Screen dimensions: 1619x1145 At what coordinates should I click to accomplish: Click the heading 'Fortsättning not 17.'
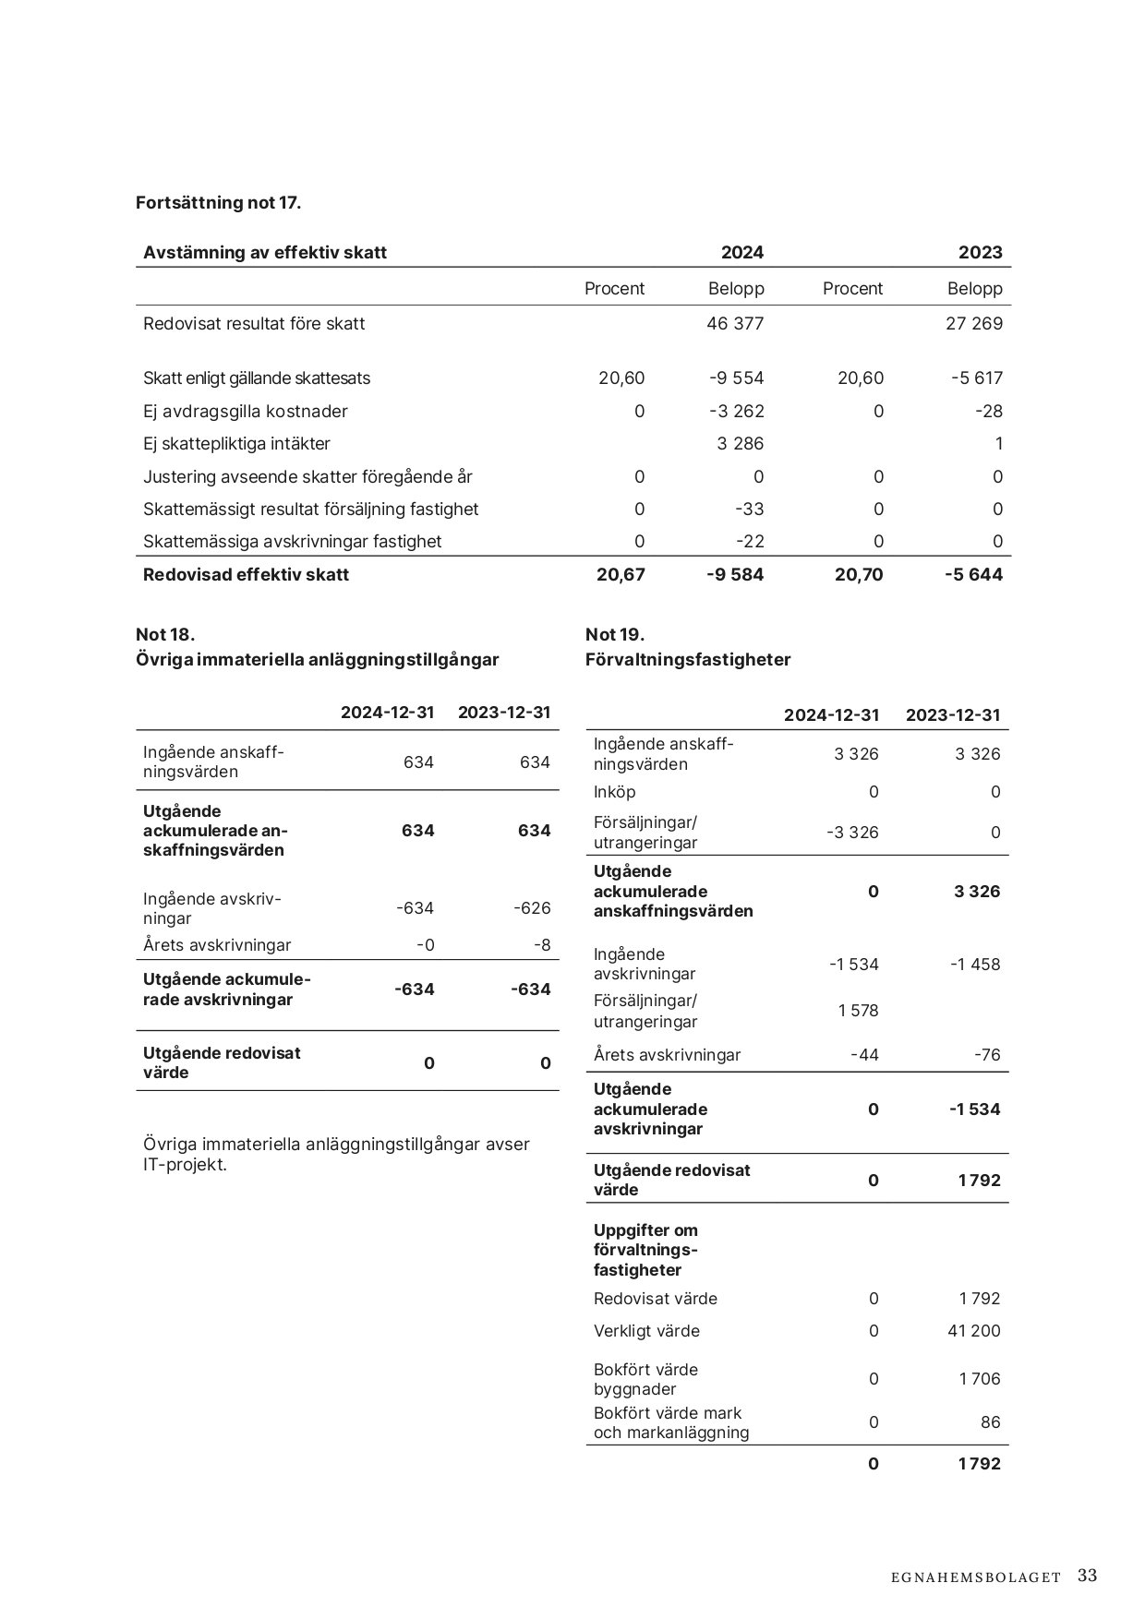(x=218, y=202)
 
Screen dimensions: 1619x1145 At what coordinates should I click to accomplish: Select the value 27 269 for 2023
(x=974, y=323)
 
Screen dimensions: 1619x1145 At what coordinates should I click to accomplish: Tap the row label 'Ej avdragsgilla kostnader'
(x=246, y=411)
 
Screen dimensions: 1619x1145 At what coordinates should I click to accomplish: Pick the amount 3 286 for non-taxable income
(x=741, y=443)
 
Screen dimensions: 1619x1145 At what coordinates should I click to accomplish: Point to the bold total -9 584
(x=735, y=574)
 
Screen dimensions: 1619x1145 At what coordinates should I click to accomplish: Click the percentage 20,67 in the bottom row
(x=621, y=574)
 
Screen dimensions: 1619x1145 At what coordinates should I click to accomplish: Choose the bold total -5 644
(x=973, y=574)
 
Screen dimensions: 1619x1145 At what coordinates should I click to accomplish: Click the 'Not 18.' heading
(x=165, y=634)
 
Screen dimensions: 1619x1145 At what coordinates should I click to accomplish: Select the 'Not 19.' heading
(x=615, y=634)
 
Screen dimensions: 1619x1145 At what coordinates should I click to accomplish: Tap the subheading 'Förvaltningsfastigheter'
(x=688, y=659)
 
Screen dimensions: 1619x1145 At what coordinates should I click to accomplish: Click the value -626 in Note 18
(x=532, y=907)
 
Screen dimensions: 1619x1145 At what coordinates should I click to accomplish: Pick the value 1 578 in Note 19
(x=858, y=1010)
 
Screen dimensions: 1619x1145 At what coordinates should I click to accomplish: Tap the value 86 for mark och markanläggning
(x=990, y=1421)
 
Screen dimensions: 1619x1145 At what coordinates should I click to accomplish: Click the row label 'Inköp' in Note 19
(x=615, y=791)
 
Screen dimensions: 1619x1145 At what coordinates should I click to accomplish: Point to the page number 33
(x=1087, y=1576)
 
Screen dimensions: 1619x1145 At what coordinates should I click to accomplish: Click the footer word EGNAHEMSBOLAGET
(x=976, y=1577)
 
